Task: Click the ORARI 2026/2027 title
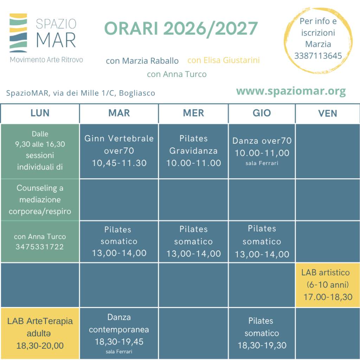(181, 29)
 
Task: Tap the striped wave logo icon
(18, 33)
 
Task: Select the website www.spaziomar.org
(291, 91)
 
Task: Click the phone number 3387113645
(318, 56)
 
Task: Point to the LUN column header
(40, 113)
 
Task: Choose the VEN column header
(328, 114)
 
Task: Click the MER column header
(193, 113)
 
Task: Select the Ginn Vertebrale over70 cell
(119, 151)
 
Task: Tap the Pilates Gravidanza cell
(193, 151)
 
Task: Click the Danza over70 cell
(262, 151)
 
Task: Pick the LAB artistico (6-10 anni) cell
(328, 285)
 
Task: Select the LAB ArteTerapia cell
(40, 333)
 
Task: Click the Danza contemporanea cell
(119, 333)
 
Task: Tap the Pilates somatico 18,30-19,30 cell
(262, 333)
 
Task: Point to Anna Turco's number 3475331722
(39, 247)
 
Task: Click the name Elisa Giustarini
(232, 60)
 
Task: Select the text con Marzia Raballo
(142, 61)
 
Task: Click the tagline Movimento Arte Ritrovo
(46, 60)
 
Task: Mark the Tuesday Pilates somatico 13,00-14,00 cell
(119, 242)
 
